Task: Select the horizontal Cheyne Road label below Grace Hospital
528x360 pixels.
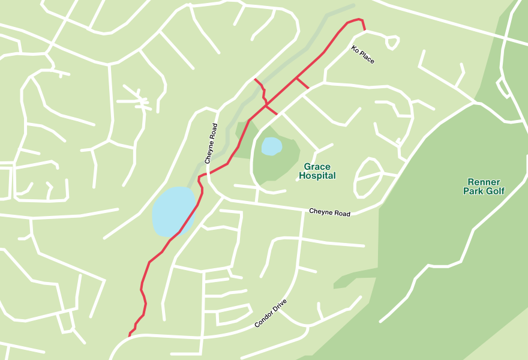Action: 329,212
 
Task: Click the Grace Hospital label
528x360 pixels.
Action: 317,171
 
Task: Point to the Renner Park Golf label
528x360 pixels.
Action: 484,187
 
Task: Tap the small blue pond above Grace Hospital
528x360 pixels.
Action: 271,146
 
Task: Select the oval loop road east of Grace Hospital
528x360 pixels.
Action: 368,178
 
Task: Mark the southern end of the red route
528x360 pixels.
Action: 130,335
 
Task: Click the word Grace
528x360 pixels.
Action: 317,167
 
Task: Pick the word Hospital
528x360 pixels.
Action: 317,176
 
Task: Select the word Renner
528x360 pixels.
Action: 484,182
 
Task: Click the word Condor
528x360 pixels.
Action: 265,319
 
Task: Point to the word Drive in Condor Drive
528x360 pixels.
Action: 280,305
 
